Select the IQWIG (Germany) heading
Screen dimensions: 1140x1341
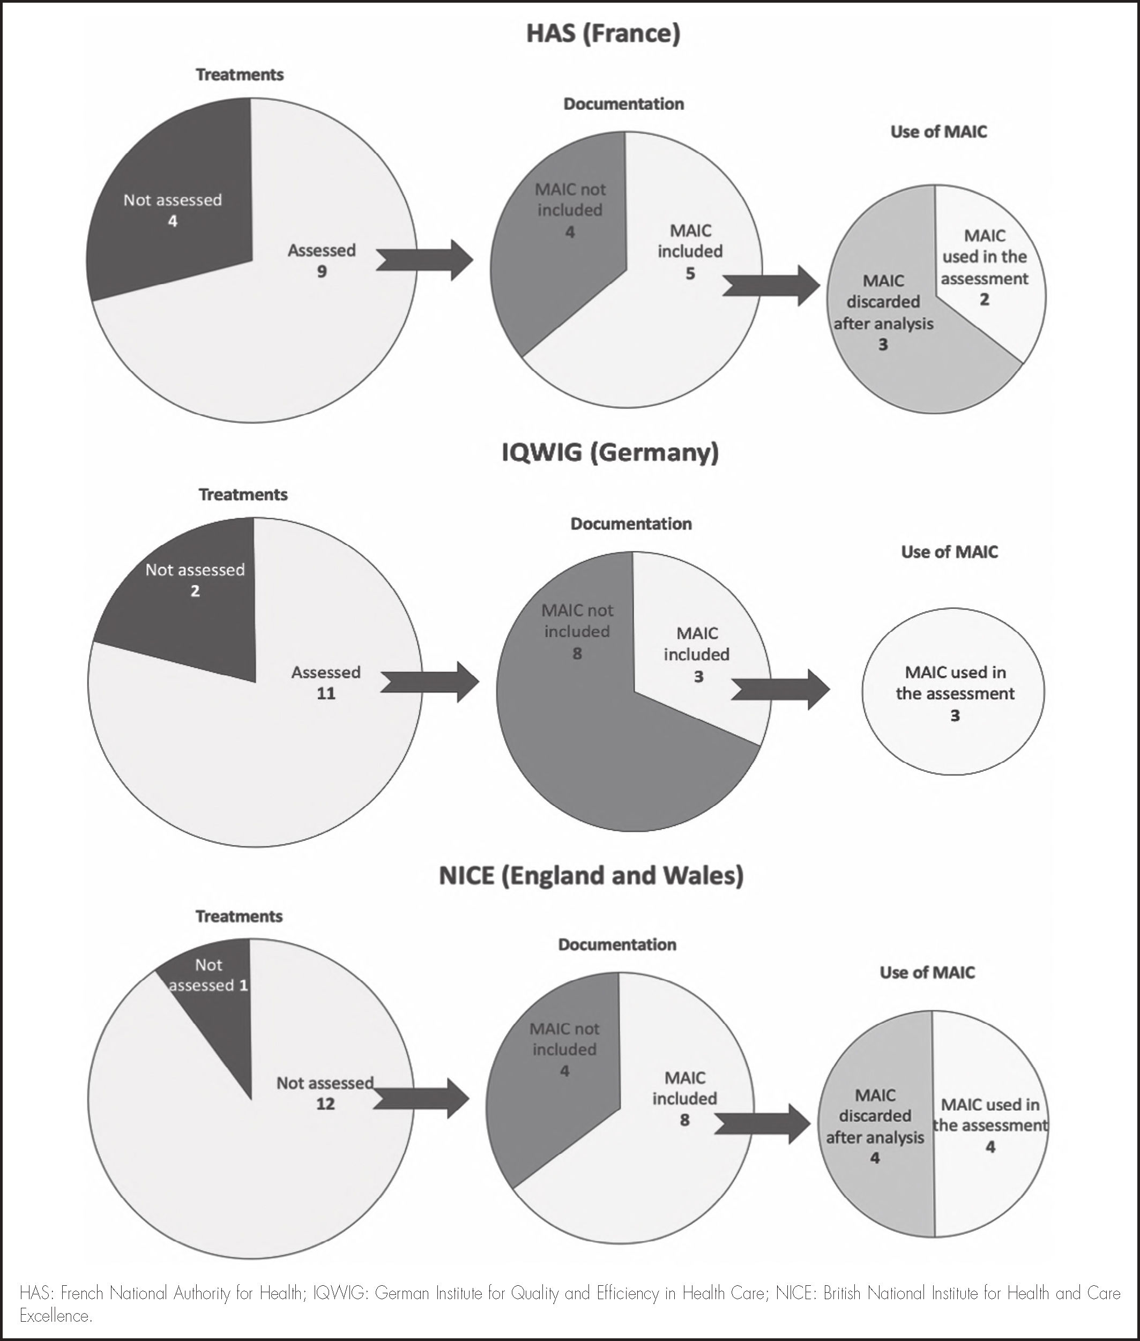click(x=610, y=452)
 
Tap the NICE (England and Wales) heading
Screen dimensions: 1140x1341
click(x=591, y=875)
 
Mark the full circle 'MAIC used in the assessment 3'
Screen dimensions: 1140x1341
click(x=954, y=692)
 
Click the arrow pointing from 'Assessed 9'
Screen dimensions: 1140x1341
click(x=424, y=260)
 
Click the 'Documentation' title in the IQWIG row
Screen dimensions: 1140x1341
click(x=631, y=524)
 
